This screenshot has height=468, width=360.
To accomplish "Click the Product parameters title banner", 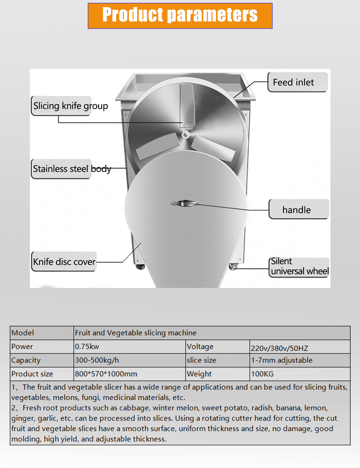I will coord(180,16).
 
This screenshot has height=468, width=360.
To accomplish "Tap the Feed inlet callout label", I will coord(297,82).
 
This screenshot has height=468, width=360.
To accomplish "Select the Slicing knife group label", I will coord(71,106).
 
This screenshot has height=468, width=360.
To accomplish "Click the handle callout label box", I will coord(298,210).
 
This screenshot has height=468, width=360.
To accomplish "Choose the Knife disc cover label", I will coord(64,262).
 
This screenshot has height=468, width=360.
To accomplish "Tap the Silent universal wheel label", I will coord(299,267).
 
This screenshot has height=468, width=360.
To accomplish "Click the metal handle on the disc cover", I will coord(185,203).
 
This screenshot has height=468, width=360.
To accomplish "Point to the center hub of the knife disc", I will coord(185,135).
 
